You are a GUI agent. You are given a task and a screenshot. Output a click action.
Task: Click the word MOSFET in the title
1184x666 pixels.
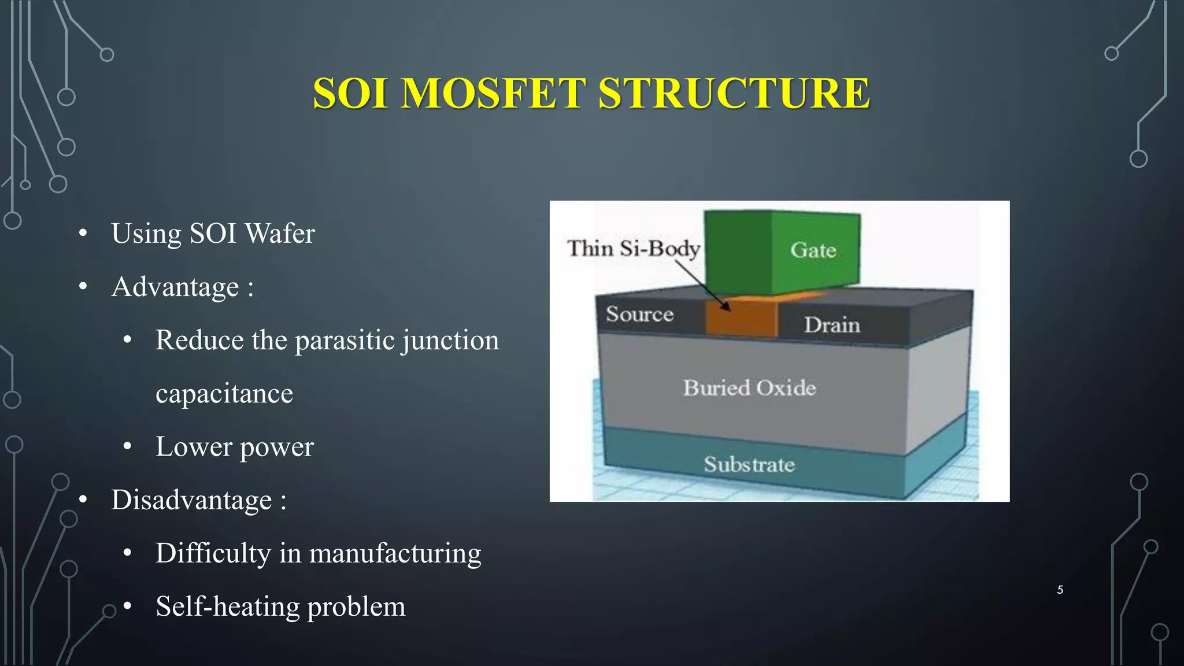click(x=493, y=93)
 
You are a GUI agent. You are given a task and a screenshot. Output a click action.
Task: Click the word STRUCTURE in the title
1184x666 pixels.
click(x=734, y=93)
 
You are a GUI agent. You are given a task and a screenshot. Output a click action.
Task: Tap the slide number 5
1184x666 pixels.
click(x=1060, y=590)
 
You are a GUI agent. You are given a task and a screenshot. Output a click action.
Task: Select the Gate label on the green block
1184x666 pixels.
click(x=813, y=250)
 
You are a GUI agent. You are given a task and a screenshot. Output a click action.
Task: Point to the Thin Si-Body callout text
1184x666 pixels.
click(x=633, y=248)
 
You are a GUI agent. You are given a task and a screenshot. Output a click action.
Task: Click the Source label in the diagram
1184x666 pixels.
click(x=639, y=314)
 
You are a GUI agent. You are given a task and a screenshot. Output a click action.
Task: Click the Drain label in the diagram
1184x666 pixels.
click(x=832, y=324)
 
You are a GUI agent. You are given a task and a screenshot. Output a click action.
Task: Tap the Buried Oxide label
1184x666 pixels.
click(x=749, y=387)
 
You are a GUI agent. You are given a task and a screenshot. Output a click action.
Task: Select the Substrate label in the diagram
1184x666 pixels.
click(x=749, y=464)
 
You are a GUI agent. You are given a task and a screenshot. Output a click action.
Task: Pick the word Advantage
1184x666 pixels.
click(x=175, y=287)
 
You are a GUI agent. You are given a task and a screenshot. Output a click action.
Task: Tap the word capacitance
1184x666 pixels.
click(x=224, y=394)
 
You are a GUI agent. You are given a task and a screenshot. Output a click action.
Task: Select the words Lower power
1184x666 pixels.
click(x=234, y=447)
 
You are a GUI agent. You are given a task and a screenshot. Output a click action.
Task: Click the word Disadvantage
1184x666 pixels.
click(x=191, y=500)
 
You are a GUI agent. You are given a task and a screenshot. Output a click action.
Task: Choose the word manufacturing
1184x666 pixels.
click(x=395, y=553)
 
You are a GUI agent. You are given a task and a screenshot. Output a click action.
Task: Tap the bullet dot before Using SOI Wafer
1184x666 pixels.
click(x=83, y=234)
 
